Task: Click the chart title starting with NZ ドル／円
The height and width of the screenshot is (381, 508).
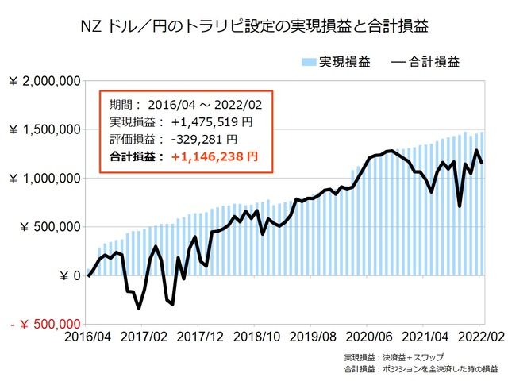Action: pyautogui.click(x=254, y=26)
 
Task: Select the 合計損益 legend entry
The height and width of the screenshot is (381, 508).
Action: pyautogui.click(x=425, y=61)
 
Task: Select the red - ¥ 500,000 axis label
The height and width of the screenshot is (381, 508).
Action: pyautogui.click(x=44, y=324)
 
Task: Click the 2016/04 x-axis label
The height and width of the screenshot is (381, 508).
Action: pyautogui.click(x=88, y=337)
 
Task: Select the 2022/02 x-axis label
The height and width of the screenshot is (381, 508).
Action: pyautogui.click(x=479, y=337)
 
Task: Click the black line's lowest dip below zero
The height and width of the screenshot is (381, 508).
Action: pyautogui.click(x=138, y=308)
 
